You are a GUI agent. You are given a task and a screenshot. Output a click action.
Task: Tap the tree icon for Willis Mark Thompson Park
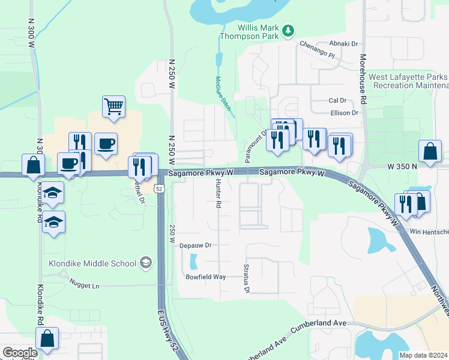click(x=289, y=30)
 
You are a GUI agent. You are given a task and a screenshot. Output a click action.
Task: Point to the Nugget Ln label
click(x=83, y=286)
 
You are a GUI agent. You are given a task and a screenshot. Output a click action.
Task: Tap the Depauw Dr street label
click(x=196, y=245)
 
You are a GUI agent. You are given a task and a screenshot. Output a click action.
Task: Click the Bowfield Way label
click(x=205, y=277)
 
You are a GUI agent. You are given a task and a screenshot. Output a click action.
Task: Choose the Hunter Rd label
click(x=218, y=193)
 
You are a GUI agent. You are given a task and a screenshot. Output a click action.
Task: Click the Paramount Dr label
click(x=255, y=145)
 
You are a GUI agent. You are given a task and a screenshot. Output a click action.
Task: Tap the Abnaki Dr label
click(x=343, y=44)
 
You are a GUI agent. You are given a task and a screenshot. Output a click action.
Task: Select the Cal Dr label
click(x=337, y=100)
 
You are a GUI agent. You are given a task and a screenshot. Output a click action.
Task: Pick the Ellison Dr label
click(x=344, y=112)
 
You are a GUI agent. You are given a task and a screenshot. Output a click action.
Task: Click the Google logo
click(x=20, y=353)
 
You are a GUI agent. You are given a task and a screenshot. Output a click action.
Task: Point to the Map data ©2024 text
click(x=424, y=355)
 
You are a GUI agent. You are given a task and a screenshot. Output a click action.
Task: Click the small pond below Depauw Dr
click(x=193, y=262)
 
